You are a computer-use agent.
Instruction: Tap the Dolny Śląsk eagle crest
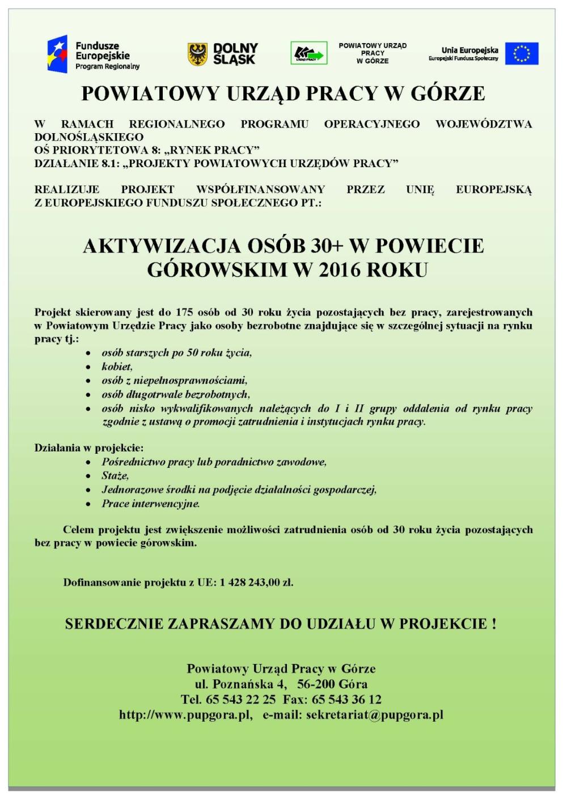click(x=198, y=54)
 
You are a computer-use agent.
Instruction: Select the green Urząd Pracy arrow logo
click(x=308, y=54)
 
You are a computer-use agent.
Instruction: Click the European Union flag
click(x=522, y=54)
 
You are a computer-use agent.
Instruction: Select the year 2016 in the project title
click(x=340, y=270)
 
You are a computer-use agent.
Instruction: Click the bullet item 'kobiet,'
click(x=117, y=367)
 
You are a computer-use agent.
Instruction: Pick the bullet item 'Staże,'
click(x=115, y=476)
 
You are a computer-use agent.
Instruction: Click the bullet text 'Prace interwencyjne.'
click(x=151, y=504)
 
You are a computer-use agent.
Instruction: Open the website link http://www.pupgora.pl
click(x=185, y=715)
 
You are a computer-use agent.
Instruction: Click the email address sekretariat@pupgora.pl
click(x=374, y=715)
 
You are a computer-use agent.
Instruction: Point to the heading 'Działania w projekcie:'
click(x=89, y=448)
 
